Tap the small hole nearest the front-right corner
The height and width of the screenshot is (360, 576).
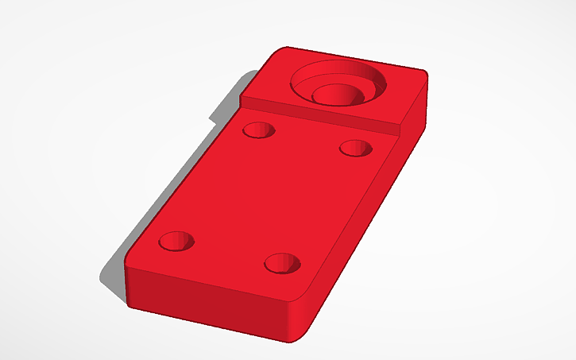coord(282,262)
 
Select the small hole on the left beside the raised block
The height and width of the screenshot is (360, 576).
coord(258,130)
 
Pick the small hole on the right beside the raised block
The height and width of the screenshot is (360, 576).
coord(355,148)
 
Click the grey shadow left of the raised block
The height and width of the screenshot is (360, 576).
coord(226,103)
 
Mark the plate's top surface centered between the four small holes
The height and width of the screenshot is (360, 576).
coord(266,195)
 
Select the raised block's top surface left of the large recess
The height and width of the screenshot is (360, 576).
coord(270,83)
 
